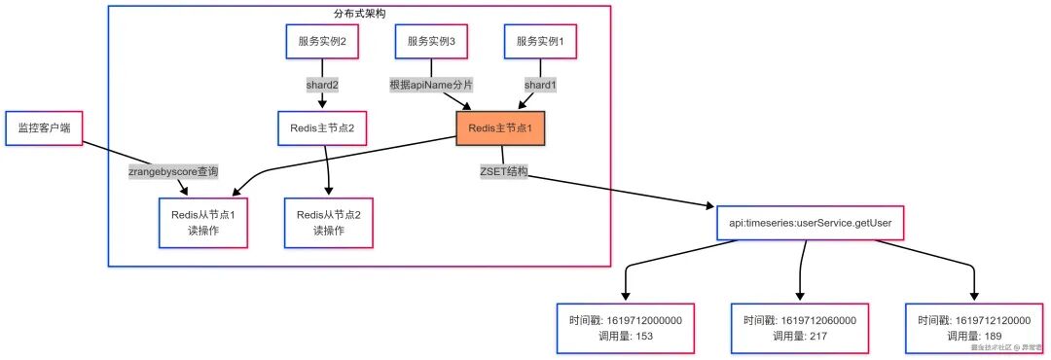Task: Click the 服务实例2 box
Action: (x=322, y=42)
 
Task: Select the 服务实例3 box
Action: (x=431, y=42)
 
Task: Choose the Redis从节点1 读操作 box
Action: (x=204, y=222)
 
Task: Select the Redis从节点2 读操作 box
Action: (x=329, y=222)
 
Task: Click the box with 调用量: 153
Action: (x=626, y=327)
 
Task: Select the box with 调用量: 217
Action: (x=799, y=327)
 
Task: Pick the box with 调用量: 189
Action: (x=973, y=327)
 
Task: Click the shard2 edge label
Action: (x=322, y=85)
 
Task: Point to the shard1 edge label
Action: (x=540, y=85)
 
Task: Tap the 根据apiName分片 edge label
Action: (x=430, y=85)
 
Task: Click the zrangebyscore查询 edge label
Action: (x=173, y=172)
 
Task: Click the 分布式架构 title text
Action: (x=359, y=14)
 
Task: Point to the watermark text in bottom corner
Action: (x=1006, y=346)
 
